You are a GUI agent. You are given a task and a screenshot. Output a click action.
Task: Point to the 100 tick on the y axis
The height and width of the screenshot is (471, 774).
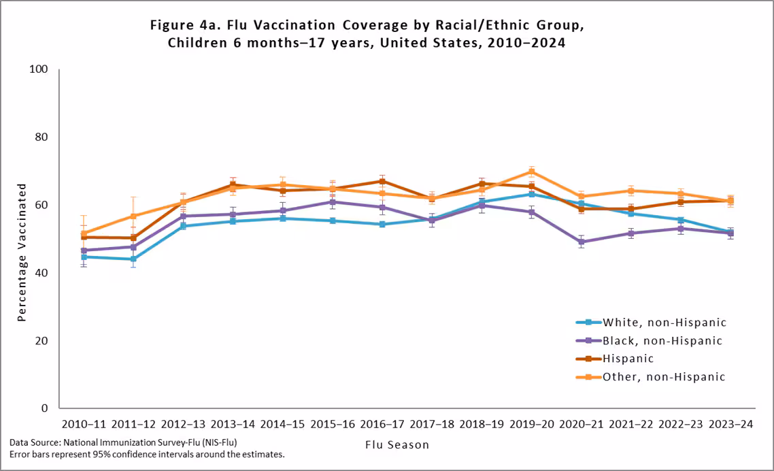coord(39,69)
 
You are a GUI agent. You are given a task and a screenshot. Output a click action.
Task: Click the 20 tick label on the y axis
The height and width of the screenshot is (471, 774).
coord(42,340)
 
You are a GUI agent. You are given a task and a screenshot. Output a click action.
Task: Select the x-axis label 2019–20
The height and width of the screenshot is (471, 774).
coord(531,424)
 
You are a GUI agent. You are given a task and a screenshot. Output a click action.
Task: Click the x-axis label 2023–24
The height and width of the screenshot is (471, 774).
coord(730,424)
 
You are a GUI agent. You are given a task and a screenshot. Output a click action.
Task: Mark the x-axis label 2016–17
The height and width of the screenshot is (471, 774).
coord(382,424)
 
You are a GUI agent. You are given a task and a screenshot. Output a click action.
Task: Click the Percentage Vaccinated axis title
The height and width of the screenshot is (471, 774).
coord(22,252)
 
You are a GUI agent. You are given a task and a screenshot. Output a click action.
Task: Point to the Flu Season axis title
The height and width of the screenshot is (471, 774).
coord(398,445)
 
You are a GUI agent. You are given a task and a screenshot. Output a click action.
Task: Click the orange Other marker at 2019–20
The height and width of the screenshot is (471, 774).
coord(531,172)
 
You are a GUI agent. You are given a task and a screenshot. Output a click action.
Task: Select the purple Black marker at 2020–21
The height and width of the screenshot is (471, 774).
coord(581,242)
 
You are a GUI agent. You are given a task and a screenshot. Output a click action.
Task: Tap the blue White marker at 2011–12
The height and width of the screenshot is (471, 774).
coord(134,259)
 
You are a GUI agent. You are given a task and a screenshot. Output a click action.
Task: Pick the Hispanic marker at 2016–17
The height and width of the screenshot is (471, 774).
coord(382,181)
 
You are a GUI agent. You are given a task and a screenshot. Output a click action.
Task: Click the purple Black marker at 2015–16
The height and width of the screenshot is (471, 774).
coord(333,202)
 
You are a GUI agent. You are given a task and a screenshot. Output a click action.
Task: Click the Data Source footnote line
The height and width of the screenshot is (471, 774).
coord(123,442)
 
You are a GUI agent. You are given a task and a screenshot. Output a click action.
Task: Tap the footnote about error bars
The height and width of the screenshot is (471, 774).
coord(147,454)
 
